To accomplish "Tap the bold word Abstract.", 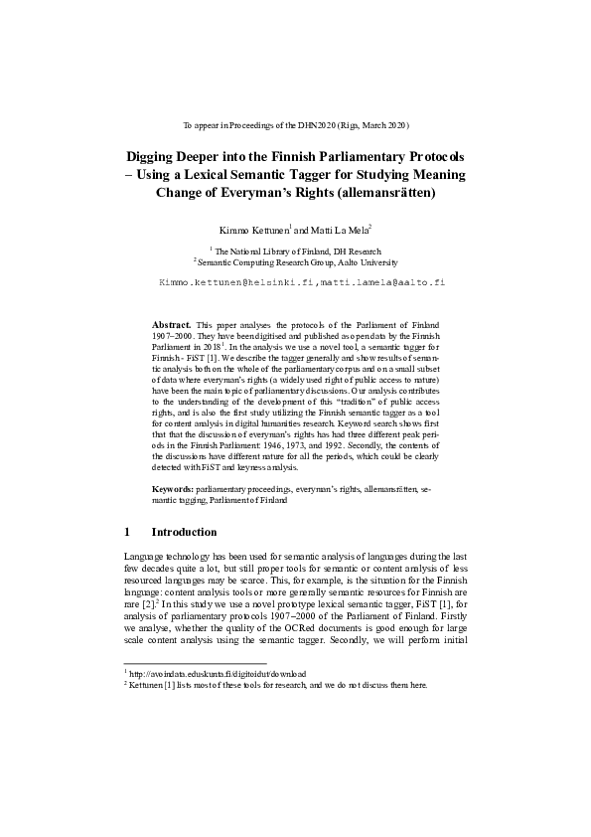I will click(x=171, y=325).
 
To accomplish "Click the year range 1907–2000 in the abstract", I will click(x=172, y=336).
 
